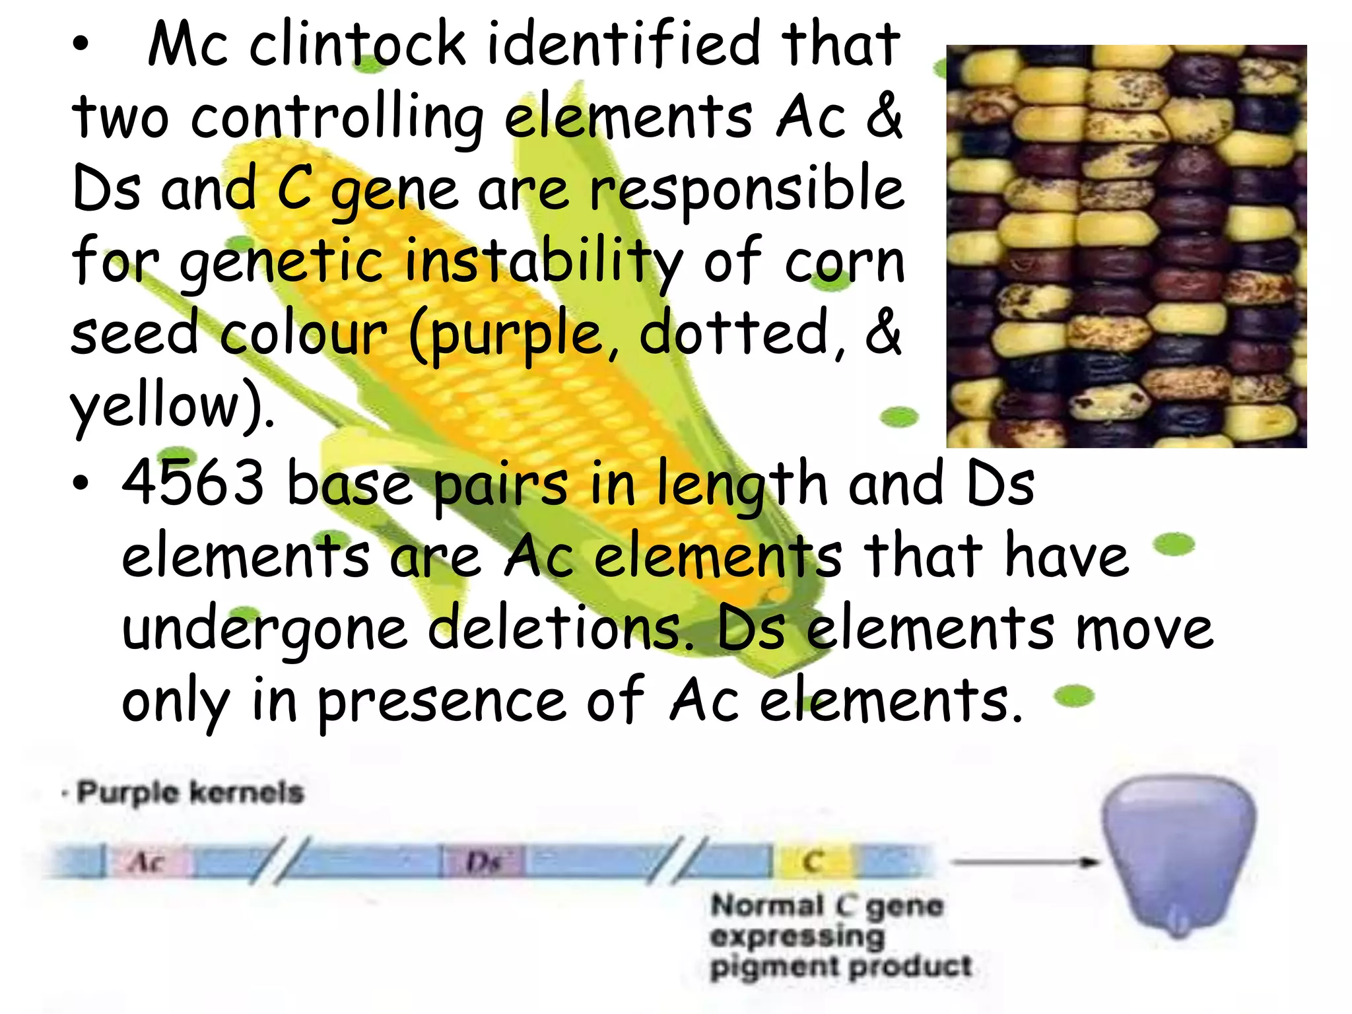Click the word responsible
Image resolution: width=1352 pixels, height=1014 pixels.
[x=747, y=191]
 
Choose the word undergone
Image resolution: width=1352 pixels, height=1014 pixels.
[x=265, y=630]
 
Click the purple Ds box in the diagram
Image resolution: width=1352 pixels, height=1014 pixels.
[x=483, y=862]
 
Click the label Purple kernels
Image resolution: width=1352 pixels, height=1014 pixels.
[x=189, y=792]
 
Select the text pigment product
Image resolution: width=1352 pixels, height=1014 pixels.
[x=840, y=967]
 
